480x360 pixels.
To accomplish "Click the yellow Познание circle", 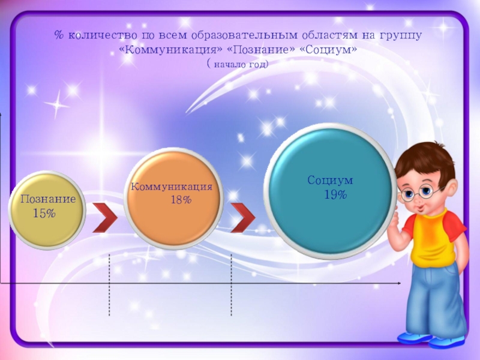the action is [47, 210].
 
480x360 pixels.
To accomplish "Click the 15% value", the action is [44, 213].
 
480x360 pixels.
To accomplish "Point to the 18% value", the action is [181, 200].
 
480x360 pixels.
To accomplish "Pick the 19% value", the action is [335, 194].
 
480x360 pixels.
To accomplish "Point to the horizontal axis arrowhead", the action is [398, 282].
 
